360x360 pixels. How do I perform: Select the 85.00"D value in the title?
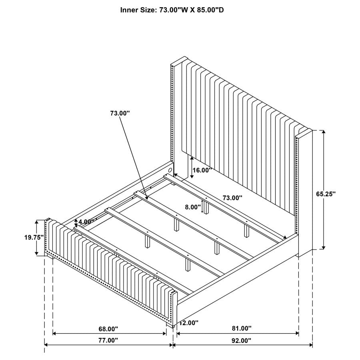click(x=210, y=10)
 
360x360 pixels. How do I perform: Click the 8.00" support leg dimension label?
click(x=192, y=207)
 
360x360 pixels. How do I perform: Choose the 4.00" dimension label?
click(x=87, y=222)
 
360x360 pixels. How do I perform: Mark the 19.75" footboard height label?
click(x=34, y=237)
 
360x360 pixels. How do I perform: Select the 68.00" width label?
click(x=108, y=329)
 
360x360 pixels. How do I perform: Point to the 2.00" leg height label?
click(x=190, y=322)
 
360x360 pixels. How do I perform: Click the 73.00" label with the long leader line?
click(x=120, y=114)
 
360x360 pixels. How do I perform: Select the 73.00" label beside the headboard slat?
click(x=232, y=198)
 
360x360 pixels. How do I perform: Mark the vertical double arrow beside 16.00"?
click(x=192, y=164)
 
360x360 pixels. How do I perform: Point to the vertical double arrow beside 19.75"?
click(x=37, y=237)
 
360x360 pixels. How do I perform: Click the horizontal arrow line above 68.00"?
click(x=109, y=333)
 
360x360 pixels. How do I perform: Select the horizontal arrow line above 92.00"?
click(x=242, y=345)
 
